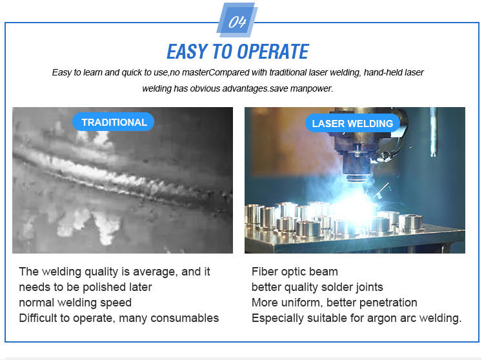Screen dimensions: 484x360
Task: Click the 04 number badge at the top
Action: pos(237,20)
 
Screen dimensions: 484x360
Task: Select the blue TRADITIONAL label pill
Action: pos(114,122)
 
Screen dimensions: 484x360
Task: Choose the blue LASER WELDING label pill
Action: pos(352,123)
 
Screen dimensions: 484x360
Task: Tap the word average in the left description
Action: pos(156,272)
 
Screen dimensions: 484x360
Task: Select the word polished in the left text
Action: pos(105,287)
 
